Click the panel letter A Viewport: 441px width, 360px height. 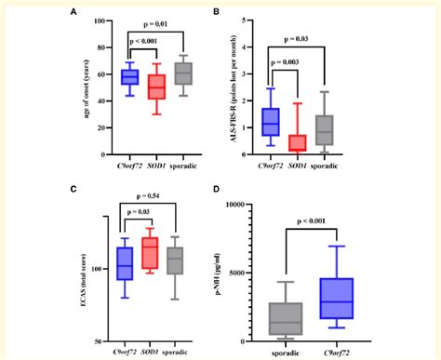tap(73, 13)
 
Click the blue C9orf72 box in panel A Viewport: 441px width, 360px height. tap(129, 77)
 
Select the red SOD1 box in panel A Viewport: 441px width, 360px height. tap(157, 86)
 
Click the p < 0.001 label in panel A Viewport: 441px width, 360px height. tap(144, 41)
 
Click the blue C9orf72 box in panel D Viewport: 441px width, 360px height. tap(341, 299)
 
